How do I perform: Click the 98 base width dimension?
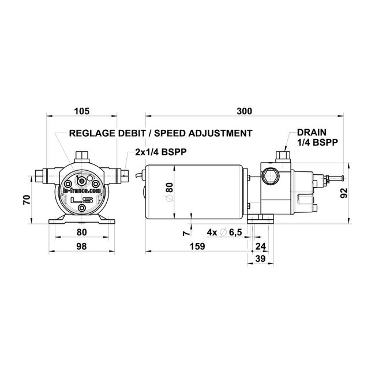81,247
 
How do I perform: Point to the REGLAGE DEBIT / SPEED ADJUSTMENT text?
160,133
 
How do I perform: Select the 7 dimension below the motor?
185,232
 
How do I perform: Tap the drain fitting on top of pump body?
282,155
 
